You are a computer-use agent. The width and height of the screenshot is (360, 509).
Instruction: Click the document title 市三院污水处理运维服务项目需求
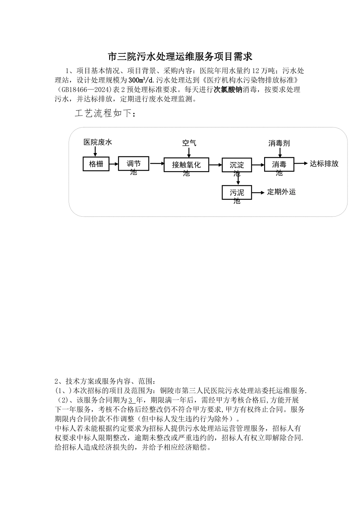(x=180, y=57)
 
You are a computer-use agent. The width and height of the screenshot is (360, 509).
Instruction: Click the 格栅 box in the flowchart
(x=96, y=164)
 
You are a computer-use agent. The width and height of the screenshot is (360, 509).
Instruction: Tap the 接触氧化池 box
(x=186, y=165)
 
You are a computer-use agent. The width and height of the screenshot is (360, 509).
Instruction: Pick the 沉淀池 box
(x=237, y=165)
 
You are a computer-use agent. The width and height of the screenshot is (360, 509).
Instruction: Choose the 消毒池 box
(x=279, y=165)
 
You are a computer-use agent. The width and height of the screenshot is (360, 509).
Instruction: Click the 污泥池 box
(x=237, y=193)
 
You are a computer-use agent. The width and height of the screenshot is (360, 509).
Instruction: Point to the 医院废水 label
(x=98, y=142)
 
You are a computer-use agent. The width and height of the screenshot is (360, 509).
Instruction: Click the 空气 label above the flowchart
(x=189, y=143)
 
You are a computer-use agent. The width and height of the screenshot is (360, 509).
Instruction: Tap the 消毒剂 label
(x=279, y=143)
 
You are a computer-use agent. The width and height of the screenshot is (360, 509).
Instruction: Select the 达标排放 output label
(x=324, y=164)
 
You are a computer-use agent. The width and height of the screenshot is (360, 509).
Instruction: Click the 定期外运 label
(x=281, y=192)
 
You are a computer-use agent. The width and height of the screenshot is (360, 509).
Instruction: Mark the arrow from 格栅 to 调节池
(x=114, y=164)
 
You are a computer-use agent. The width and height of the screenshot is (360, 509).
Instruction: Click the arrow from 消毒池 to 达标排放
(x=300, y=164)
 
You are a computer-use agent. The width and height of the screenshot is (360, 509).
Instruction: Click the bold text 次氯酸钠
(x=228, y=90)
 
